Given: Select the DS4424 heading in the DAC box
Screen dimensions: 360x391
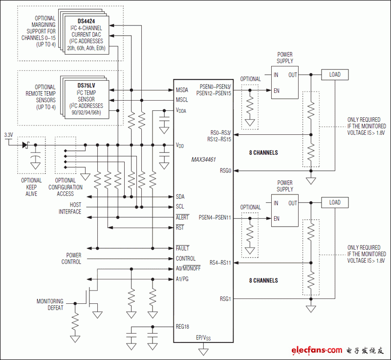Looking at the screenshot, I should (x=87, y=21).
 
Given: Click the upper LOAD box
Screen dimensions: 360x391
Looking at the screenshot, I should (x=335, y=75).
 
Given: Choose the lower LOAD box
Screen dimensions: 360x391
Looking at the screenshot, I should (x=335, y=202).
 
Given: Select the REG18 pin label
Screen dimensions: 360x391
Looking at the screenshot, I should (x=184, y=327).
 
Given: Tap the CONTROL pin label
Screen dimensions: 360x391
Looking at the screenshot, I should (x=186, y=258).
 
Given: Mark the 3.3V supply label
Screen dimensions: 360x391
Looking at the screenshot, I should (x=8, y=135).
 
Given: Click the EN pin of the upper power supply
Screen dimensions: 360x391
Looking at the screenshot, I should (x=277, y=90).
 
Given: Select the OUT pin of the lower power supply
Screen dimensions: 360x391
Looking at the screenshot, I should (x=292, y=203).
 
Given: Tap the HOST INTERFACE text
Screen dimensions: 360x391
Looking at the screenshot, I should (x=70, y=209).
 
